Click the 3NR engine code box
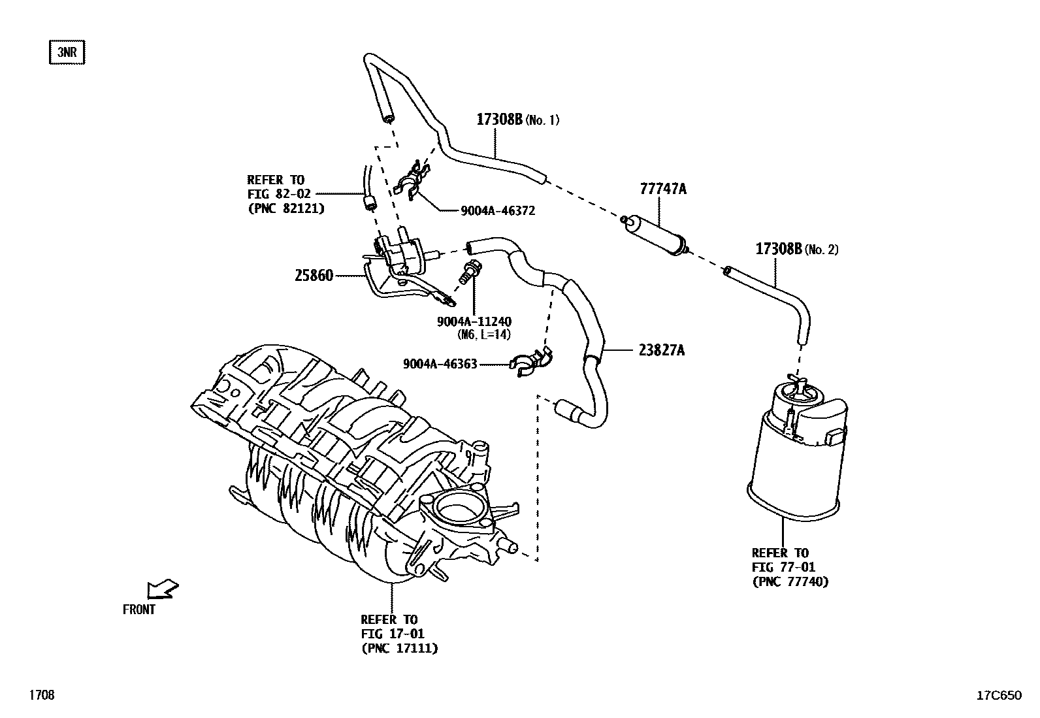tap(67, 53)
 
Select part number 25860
tap(314, 276)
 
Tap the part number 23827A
tap(662, 351)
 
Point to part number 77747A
tap(663, 189)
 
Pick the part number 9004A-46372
tap(498, 210)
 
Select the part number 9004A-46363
tap(440, 364)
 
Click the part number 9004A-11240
tap(474, 321)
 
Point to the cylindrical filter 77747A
tap(655, 233)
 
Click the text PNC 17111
tap(399, 648)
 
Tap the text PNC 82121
tap(285, 208)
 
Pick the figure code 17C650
tap(998, 695)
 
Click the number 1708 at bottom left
tap(41, 695)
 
